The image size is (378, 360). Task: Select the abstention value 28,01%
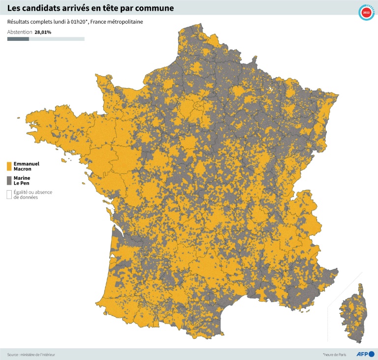[43, 32]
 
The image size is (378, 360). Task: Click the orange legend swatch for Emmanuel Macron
[9, 166]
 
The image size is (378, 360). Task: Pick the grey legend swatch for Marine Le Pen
[9, 180]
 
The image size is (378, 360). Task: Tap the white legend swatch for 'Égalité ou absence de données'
[9, 195]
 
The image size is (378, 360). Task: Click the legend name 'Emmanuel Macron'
[26, 166]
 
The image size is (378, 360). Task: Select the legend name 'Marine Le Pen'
[22, 180]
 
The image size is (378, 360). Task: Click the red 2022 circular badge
[366, 13]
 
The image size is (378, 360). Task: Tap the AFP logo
[365, 354]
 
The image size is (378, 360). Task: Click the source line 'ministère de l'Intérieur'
[38, 354]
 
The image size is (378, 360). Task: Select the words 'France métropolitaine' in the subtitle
[116, 22]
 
